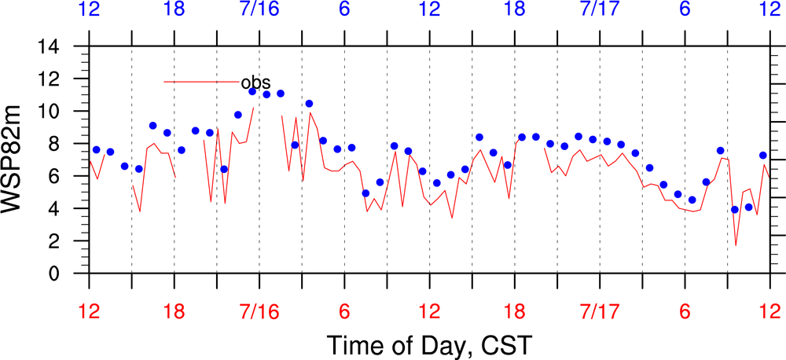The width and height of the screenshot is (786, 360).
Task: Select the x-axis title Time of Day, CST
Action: [429, 344]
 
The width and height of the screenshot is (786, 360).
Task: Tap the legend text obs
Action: [256, 83]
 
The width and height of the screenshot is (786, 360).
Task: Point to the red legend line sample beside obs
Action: [201, 82]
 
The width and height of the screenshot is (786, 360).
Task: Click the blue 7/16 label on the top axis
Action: [259, 10]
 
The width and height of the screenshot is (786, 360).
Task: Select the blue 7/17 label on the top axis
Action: [599, 10]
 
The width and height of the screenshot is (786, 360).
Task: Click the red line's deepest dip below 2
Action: [736, 245]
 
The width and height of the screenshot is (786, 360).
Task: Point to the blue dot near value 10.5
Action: [310, 104]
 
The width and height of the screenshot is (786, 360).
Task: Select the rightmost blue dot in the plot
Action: [762, 156]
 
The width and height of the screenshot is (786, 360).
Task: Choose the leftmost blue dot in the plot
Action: [96, 150]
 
